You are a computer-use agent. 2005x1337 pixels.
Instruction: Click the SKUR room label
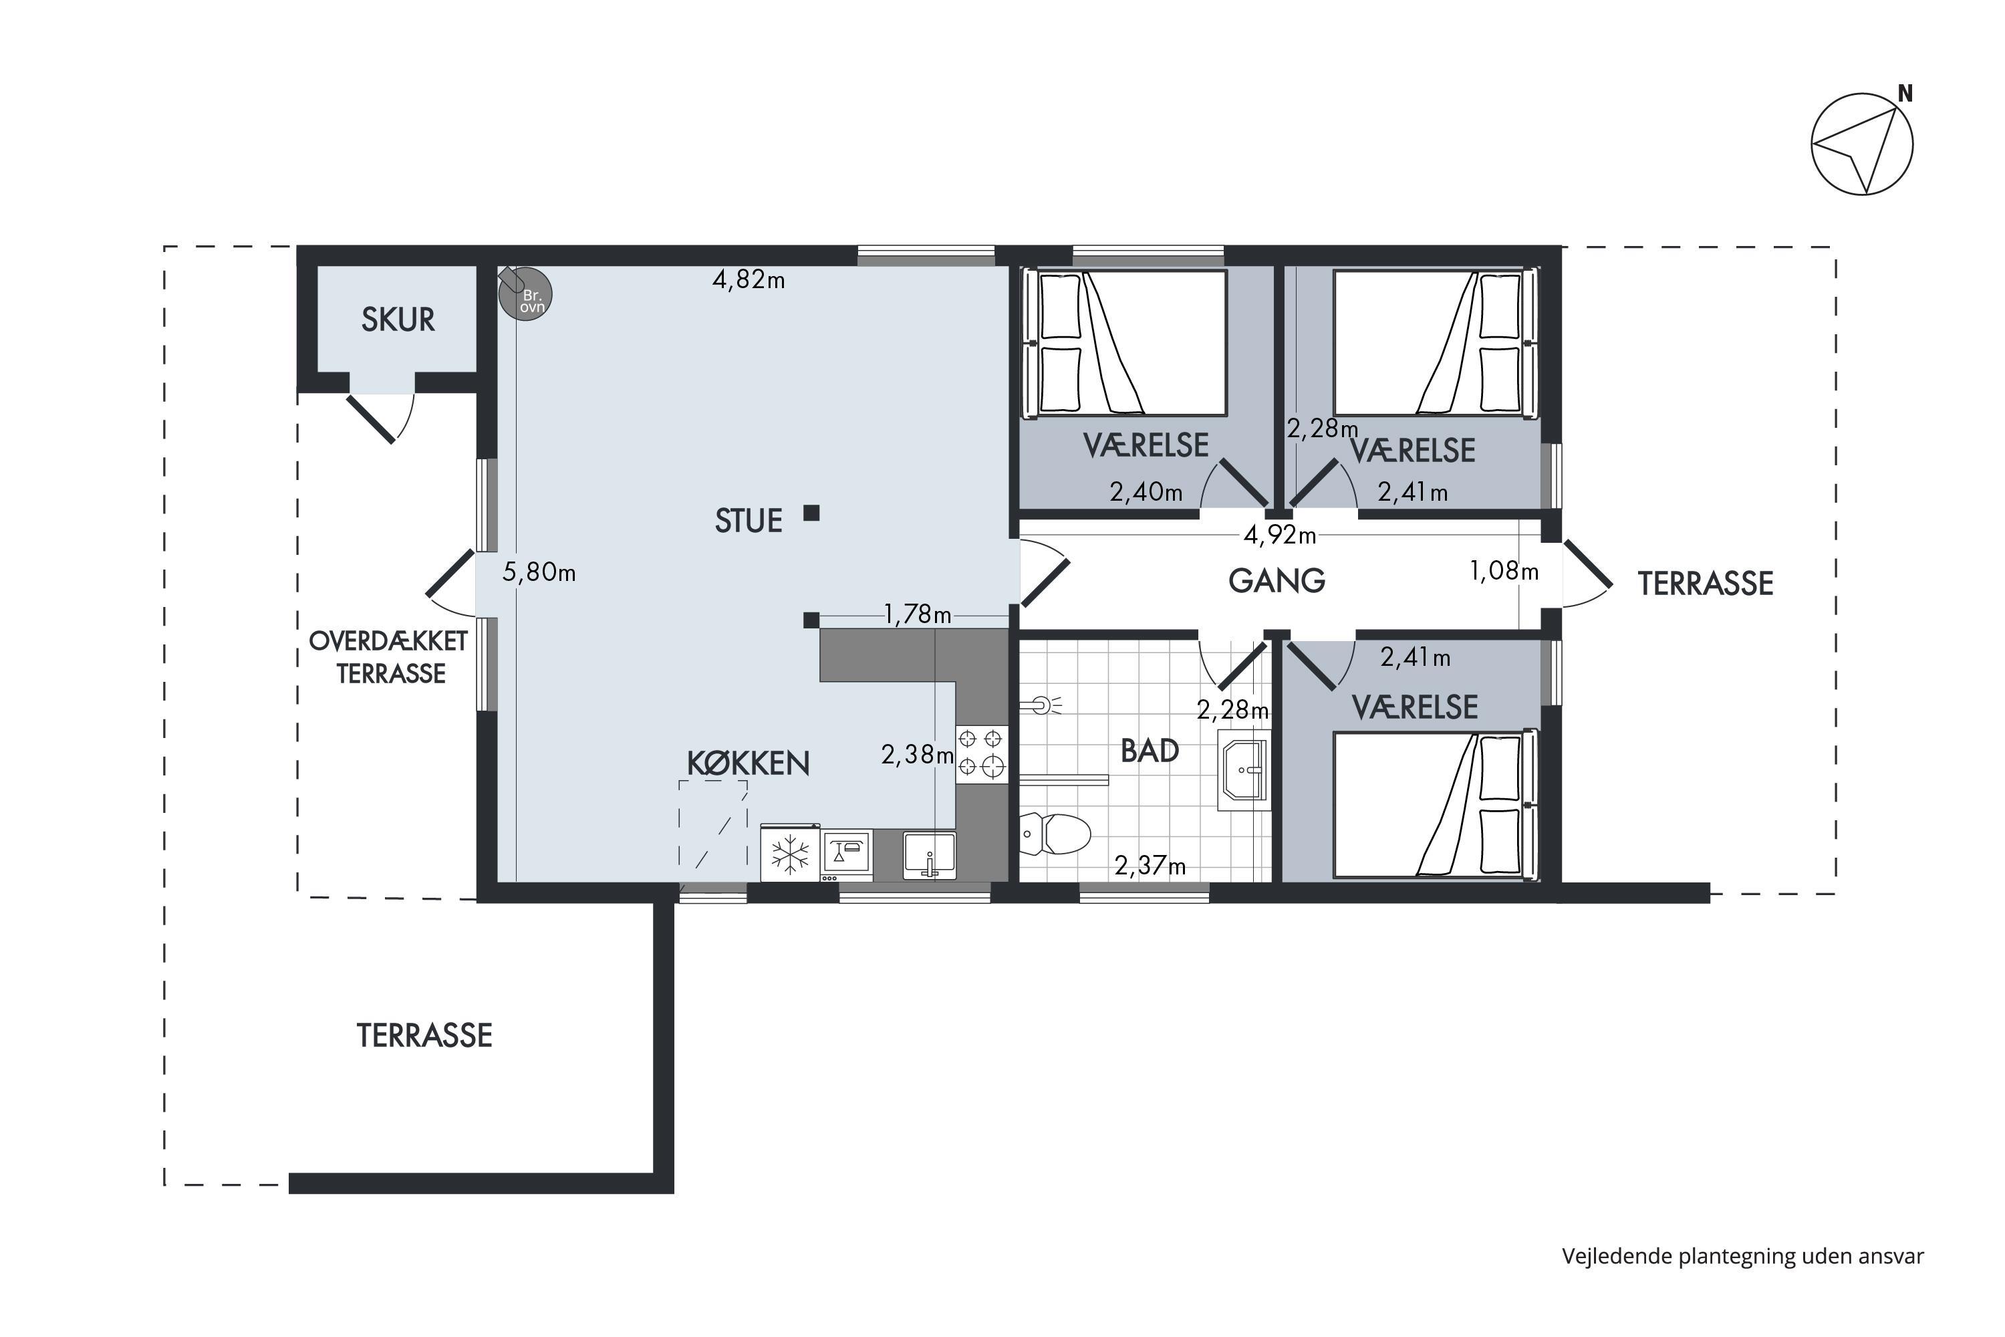tap(398, 320)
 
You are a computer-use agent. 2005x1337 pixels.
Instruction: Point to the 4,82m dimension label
tap(749, 279)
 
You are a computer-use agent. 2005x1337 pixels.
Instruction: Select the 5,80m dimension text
tap(539, 572)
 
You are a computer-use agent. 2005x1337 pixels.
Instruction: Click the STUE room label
tap(749, 521)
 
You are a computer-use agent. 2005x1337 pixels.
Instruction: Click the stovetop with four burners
tap(980, 753)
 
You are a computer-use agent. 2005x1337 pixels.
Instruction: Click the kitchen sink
tap(929, 855)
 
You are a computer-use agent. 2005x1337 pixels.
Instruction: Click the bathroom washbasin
tap(1244, 769)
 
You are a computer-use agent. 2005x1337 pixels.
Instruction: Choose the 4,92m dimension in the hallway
tap(1280, 535)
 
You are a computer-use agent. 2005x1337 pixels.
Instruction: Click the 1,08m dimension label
tap(1504, 572)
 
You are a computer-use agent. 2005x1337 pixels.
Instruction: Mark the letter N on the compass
tap(1905, 94)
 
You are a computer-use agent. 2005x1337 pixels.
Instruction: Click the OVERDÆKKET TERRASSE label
tap(389, 657)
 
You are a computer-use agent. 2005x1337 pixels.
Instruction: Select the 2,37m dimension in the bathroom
tap(1150, 866)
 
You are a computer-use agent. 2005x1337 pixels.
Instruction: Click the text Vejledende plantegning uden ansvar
tap(1742, 1256)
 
